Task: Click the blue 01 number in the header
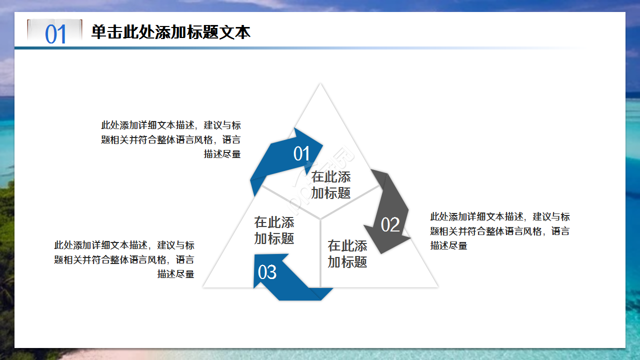[x=55, y=34]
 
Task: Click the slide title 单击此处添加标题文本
[x=170, y=32]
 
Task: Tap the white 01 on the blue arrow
[x=301, y=154]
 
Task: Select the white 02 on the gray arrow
[x=390, y=225]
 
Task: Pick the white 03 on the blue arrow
[x=267, y=272]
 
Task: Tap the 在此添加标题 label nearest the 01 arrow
[x=331, y=184]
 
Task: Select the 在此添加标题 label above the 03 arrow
[x=274, y=230]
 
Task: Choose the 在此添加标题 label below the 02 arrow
[x=347, y=253]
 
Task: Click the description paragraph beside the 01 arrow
[x=171, y=139]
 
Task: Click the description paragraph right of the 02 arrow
[x=499, y=231]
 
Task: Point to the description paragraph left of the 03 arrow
[x=124, y=259]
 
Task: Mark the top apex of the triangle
[x=320, y=84]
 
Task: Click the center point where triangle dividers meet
[x=320, y=218]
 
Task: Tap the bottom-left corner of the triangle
[x=204, y=286]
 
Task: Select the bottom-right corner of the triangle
[x=437, y=286]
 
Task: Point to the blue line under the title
[x=200, y=48]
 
